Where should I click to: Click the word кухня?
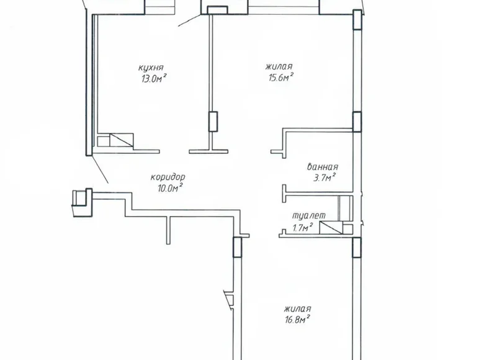pyautogui.click(x=151, y=67)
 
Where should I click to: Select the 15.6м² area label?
pyautogui.click(x=280, y=76)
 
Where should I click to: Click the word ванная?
pyautogui.click(x=323, y=166)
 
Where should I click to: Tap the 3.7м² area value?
pyautogui.click(x=323, y=178)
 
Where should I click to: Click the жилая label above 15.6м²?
pyautogui.click(x=279, y=66)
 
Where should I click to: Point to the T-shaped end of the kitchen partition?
pyautogui.click(x=209, y=149)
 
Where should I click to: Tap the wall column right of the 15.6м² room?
pyautogui.click(x=357, y=122)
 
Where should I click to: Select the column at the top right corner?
pyautogui.click(x=356, y=19)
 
